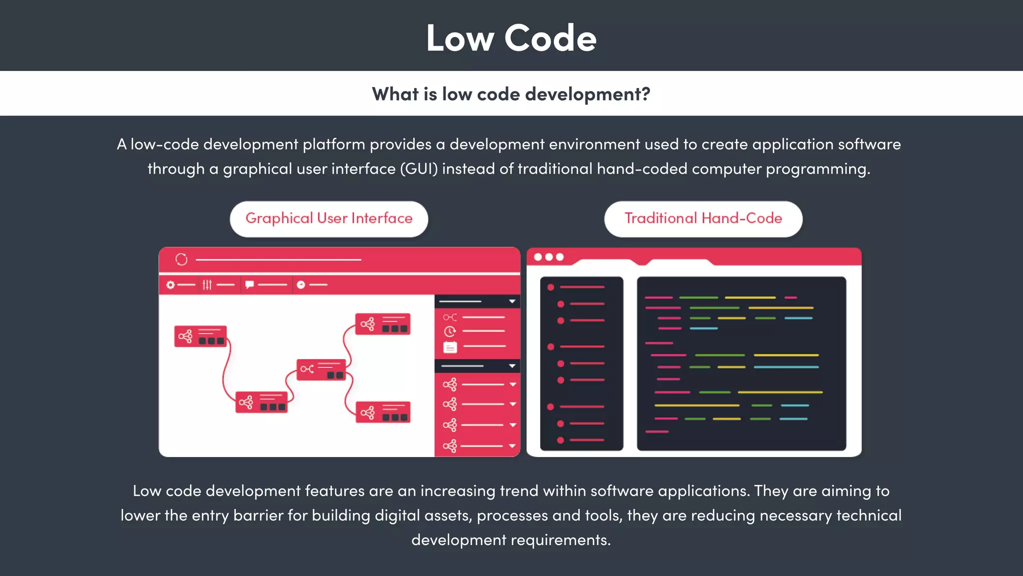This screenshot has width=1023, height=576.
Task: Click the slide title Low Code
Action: click(511, 38)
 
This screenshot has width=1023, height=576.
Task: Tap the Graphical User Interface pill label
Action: click(329, 218)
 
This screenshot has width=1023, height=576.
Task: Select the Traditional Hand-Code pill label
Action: click(703, 218)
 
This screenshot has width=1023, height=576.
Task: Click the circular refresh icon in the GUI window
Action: click(181, 259)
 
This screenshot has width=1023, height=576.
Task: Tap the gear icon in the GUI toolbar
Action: click(170, 284)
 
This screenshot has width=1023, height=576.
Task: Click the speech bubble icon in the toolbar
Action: click(249, 284)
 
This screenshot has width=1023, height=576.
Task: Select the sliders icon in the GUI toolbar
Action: click(207, 284)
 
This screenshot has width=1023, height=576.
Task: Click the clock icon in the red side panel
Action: click(450, 331)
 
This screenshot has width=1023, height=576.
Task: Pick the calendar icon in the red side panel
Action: click(450, 347)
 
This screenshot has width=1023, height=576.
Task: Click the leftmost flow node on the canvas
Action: click(200, 336)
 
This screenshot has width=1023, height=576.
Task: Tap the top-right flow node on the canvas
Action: click(383, 324)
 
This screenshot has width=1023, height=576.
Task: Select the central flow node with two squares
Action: click(321, 369)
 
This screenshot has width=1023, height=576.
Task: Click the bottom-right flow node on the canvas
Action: click(383, 412)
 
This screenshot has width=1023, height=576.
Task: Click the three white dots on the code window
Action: click(548, 257)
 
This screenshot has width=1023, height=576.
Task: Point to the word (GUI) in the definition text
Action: click(419, 169)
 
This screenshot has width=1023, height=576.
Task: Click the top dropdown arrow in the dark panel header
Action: click(512, 301)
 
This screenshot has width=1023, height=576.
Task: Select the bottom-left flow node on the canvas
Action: click(261, 402)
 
